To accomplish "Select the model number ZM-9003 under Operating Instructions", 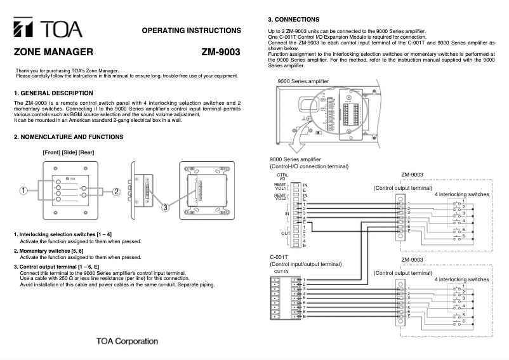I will (x=221, y=53).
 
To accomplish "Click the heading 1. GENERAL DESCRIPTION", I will (x=53, y=93).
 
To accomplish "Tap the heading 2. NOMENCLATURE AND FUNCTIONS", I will (x=69, y=137).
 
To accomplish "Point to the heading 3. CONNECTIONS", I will (x=294, y=20).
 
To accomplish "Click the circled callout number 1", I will (x=23, y=190).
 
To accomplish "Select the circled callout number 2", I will (x=116, y=191).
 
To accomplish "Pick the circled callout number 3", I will (x=165, y=207).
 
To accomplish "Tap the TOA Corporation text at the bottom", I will (x=127, y=341).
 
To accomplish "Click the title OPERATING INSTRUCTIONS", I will (x=191, y=30).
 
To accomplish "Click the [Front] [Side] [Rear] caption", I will (x=68, y=152).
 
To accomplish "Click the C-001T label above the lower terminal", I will (x=279, y=258).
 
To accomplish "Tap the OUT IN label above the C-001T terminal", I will (x=281, y=271).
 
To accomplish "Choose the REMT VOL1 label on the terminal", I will (x=281, y=187).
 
